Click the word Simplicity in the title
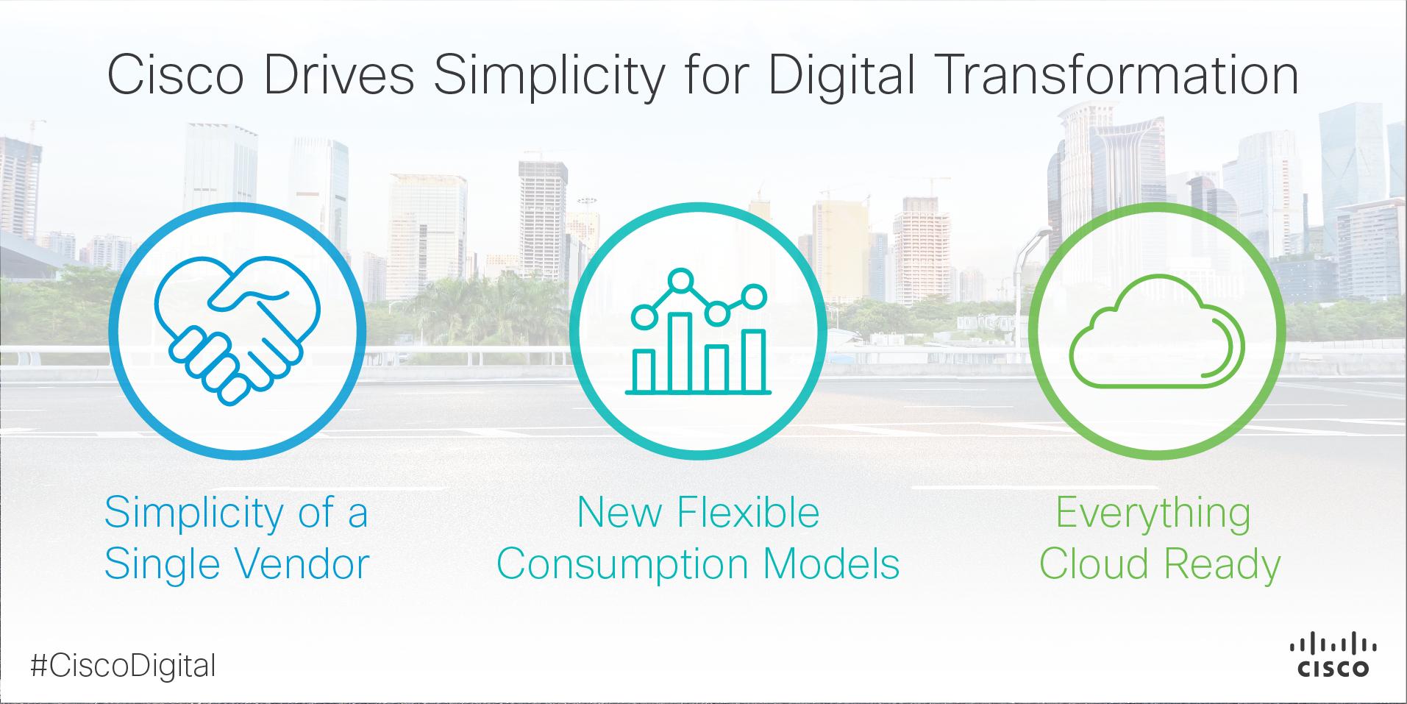coord(549,77)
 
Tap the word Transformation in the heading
coord(1119,75)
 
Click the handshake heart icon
coord(237,330)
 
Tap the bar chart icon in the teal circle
coord(699,332)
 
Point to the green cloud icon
coord(1156,331)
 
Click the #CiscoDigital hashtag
coord(123,666)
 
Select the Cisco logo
coord(1333,654)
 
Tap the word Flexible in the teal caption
coord(748,513)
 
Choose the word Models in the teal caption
coord(832,565)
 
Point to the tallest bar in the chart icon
coord(680,352)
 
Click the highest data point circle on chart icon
coord(681,280)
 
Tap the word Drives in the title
coord(339,75)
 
